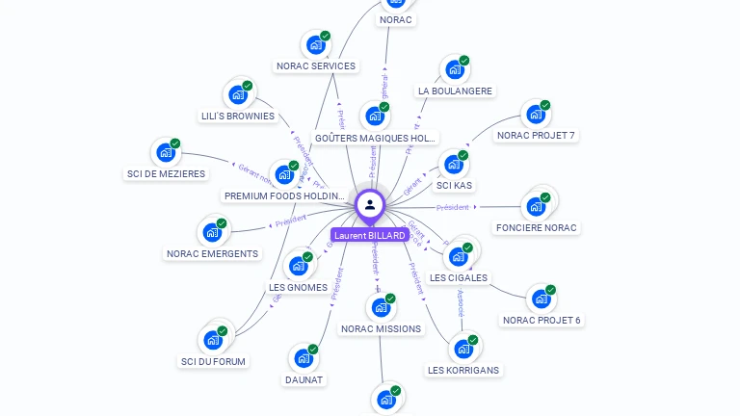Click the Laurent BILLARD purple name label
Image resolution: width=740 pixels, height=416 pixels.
pyautogui.click(x=370, y=235)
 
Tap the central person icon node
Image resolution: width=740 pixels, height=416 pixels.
pyautogui.click(x=370, y=204)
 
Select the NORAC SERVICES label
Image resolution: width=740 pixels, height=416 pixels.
pyautogui.click(x=316, y=66)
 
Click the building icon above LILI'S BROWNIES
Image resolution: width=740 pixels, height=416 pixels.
pyautogui.click(x=237, y=94)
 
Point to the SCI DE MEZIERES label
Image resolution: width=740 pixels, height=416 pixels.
pyautogui.click(x=166, y=174)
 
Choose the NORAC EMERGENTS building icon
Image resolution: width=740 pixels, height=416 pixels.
pyautogui.click(x=211, y=232)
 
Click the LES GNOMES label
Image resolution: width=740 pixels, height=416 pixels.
pyautogui.click(x=299, y=287)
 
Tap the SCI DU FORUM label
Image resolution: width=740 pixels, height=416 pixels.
pyautogui.click(x=213, y=362)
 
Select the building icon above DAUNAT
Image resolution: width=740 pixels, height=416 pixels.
pyautogui.click(x=304, y=358)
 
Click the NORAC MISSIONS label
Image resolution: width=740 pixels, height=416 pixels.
pyautogui.click(x=381, y=329)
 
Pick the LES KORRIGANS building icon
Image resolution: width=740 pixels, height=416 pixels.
pyautogui.click(x=463, y=349)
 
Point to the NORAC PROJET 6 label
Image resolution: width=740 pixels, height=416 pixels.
pyautogui.click(x=542, y=321)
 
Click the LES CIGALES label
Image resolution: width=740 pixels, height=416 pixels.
pyautogui.click(x=459, y=278)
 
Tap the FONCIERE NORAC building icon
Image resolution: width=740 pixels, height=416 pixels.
pyautogui.click(x=536, y=206)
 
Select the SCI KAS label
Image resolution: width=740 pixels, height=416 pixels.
pyautogui.click(x=455, y=185)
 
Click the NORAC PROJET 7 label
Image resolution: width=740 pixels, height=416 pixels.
pyautogui.click(x=536, y=136)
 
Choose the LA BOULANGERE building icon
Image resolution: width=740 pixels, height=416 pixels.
pyautogui.click(x=454, y=69)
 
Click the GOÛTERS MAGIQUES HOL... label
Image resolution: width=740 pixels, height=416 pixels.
pyautogui.click(x=376, y=139)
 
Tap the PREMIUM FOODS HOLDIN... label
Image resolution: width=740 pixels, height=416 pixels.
pyautogui.click(x=284, y=196)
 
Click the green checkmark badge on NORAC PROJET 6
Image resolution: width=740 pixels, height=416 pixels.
pyautogui.click(x=551, y=290)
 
